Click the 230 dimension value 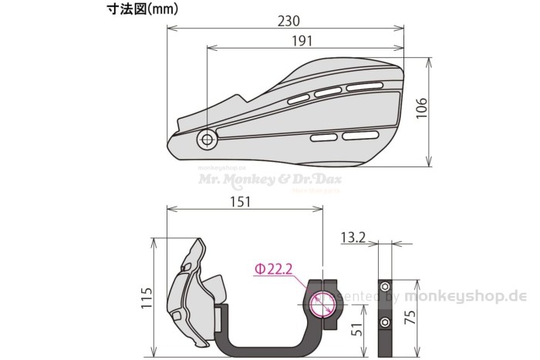289,20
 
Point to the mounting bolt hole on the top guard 207,140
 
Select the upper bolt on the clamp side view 385,287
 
